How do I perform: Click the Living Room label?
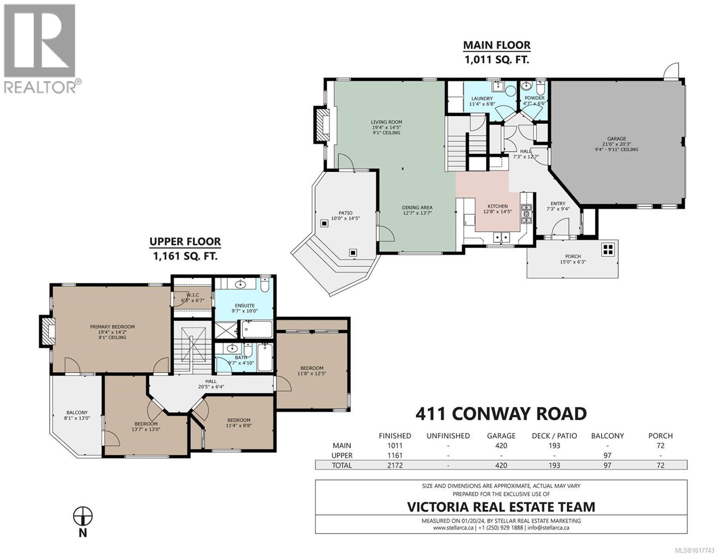pos(386,122)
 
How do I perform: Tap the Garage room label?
pos(616,139)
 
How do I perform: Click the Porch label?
pos(573,256)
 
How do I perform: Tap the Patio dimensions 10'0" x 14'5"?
pos(346,218)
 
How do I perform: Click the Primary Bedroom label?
pos(113,326)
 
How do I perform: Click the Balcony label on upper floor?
pos(77,412)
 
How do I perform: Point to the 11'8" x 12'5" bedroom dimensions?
pos(312,373)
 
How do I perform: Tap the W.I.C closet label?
pos(193,295)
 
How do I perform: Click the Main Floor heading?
pos(497,45)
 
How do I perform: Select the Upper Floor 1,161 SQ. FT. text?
pos(185,256)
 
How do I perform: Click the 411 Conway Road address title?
pos(501,414)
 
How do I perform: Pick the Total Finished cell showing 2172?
pos(395,465)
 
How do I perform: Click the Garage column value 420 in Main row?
pos(501,446)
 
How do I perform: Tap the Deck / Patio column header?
pos(554,436)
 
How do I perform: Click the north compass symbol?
pos(83,516)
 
